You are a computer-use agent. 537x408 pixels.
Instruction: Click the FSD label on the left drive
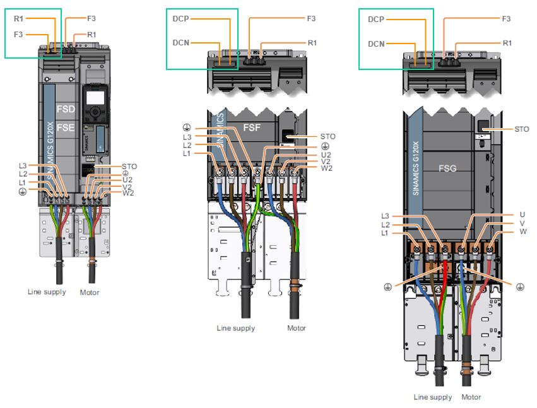(66, 109)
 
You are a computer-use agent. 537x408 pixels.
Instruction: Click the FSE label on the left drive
(66, 127)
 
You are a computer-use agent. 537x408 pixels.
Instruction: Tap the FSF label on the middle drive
(252, 127)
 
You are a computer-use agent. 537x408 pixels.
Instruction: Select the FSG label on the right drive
(447, 168)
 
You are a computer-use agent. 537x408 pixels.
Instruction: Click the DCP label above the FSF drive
(181, 19)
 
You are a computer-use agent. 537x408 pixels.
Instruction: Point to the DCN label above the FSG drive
(376, 44)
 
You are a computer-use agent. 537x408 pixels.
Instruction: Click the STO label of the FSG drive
(522, 129)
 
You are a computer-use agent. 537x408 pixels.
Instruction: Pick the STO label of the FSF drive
(328, 137)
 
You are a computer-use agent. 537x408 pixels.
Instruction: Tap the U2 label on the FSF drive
(326, 155)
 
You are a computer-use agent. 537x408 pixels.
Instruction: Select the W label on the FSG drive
(523, 231)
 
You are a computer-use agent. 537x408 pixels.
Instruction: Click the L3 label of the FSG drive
(386, 216)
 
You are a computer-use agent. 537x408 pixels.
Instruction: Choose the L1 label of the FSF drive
(187, 154)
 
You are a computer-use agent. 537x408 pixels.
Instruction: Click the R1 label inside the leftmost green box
(18, 19)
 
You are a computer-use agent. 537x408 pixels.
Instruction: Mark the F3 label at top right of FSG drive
(506, 19)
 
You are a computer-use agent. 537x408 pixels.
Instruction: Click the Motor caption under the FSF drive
(296, 329)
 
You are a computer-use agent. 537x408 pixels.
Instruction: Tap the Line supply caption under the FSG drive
(432, 397)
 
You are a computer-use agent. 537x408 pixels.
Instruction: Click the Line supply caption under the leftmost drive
(47, 292)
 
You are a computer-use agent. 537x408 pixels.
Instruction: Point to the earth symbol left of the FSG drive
(387, 287)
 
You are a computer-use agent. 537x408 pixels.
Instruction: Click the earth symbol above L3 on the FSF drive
(187, 127)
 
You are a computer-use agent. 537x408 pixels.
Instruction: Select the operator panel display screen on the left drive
(95, 98)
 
